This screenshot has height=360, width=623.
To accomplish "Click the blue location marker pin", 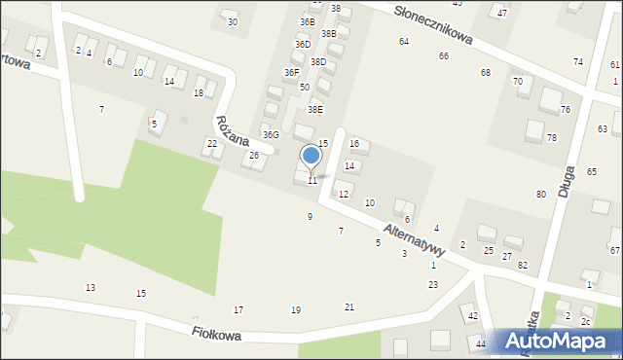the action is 311,157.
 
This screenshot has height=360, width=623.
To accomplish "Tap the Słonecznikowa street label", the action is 434,24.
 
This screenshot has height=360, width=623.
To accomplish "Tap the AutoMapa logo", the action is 559,341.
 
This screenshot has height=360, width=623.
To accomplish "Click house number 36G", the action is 270,134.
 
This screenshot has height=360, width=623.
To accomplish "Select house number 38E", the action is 315,110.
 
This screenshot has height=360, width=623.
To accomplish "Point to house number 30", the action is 232,21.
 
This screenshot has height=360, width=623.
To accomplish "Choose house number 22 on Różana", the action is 212,144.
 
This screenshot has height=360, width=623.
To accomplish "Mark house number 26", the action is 254,156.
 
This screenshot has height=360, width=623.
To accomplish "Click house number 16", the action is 354,144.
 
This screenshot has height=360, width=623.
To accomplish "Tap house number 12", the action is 343,195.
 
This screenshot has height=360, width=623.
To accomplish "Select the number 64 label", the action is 403,41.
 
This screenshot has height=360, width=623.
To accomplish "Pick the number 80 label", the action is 540,195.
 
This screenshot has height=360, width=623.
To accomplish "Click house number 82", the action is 522,266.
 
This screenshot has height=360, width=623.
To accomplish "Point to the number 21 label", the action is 349,307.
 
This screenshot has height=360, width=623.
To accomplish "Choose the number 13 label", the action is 91,288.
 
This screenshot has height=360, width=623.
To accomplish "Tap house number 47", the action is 502,13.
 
